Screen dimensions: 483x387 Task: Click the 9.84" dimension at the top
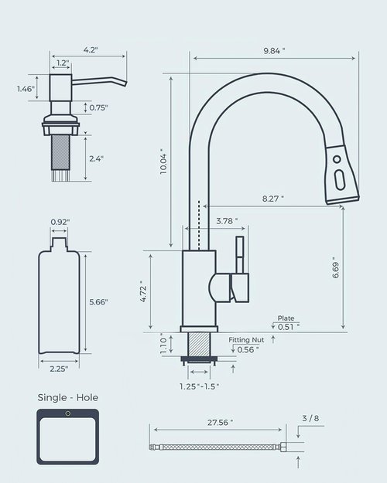click(274, 50)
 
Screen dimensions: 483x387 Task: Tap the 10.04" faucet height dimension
click(163, 161)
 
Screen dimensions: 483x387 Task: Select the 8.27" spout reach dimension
click(272, 199)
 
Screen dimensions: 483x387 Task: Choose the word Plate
click(286, 318)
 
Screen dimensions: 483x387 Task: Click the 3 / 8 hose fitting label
click(309, 418)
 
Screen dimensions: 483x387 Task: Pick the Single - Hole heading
click(68, 398)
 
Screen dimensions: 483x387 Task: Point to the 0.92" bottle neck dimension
click(60, 222)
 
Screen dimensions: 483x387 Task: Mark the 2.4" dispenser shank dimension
click(95, 158)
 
